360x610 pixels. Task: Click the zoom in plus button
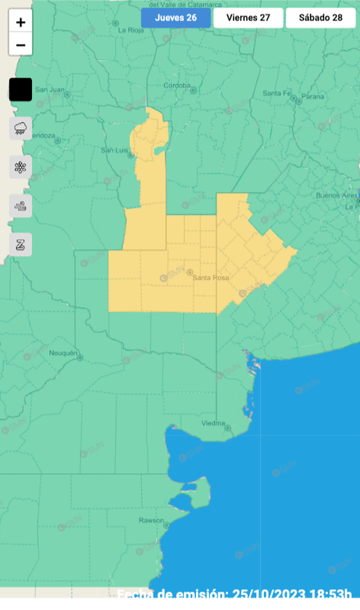click(x=21, y=23)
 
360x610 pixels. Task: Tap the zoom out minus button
click(x=21, y=45)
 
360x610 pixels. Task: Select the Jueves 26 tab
click(x=176, y=18)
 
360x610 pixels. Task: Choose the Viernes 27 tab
click(x=248, y=18)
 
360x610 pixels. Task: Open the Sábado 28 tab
click(x=320, y=18)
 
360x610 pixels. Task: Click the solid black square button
click(x=21, y=90)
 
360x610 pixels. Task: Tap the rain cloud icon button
click(x=21, y=128)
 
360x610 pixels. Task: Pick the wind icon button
click(x=21, y=206)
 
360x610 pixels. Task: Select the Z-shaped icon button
click(x=21, y=244)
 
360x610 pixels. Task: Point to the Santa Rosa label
click(x=211, y=277)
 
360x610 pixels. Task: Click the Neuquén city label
click(x=64, y=353)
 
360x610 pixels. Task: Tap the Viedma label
click(x=213, y=423)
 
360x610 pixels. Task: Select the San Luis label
click(x=114, y=150)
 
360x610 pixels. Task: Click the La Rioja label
click(x=130, y=29)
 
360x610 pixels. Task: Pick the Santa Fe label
click(x=277, y=93)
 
